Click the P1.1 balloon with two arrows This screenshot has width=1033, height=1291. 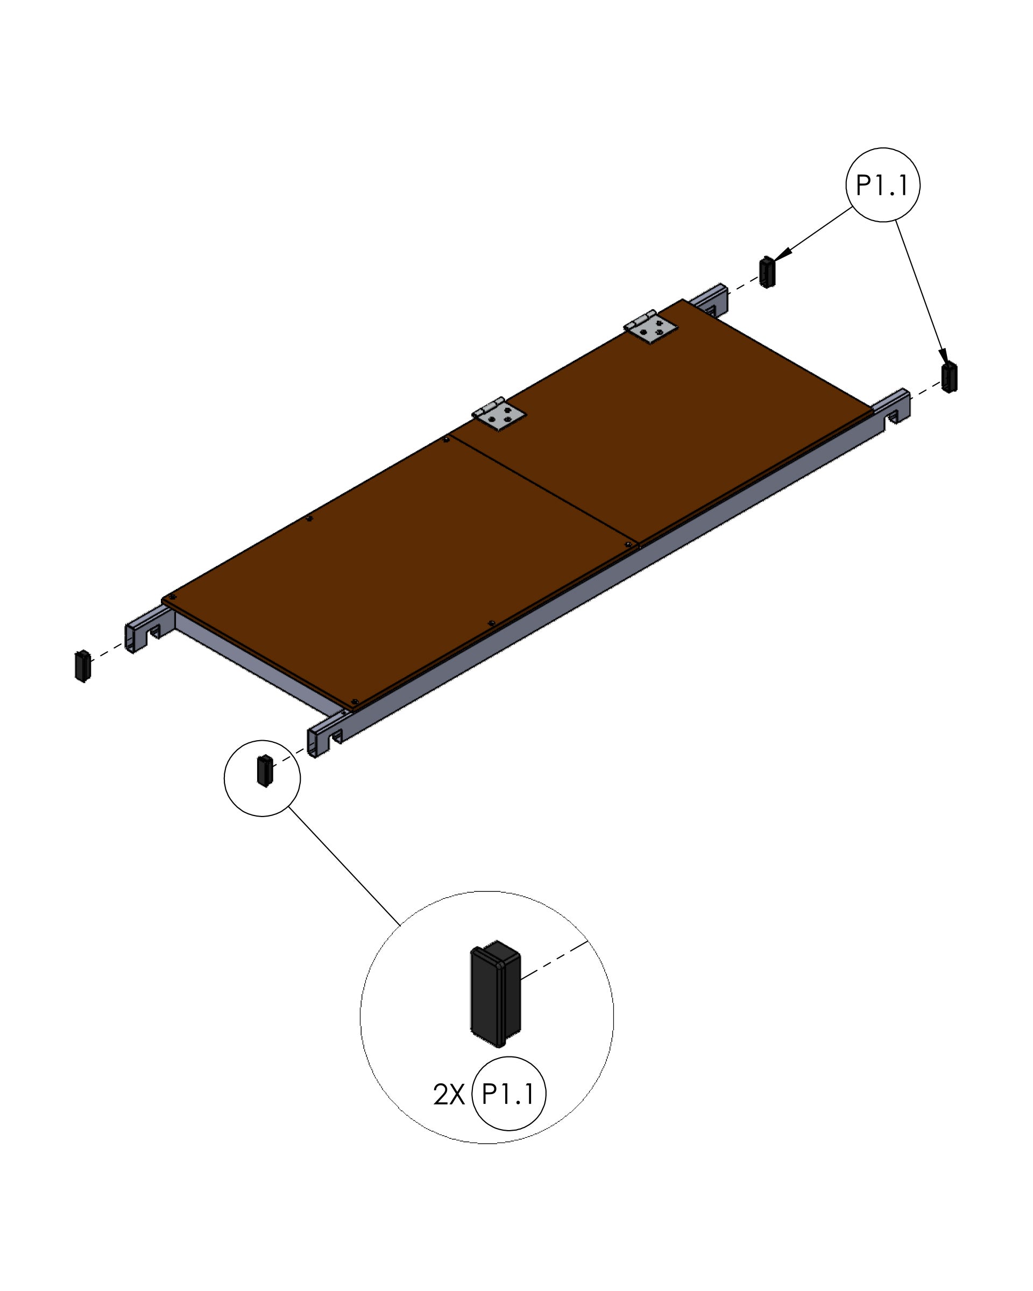tap(882, 185)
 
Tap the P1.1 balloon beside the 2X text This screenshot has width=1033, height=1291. tap(508, 1094)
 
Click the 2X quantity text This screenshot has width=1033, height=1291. tap(449, 1095)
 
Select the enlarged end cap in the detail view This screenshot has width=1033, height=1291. tap(495, 994)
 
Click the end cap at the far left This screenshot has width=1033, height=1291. tap(83, 666)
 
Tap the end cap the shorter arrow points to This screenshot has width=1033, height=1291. tap(767, 272)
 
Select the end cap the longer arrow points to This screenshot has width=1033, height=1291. tap(949, 377)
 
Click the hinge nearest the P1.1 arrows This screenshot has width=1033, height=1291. tap(650, 327)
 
